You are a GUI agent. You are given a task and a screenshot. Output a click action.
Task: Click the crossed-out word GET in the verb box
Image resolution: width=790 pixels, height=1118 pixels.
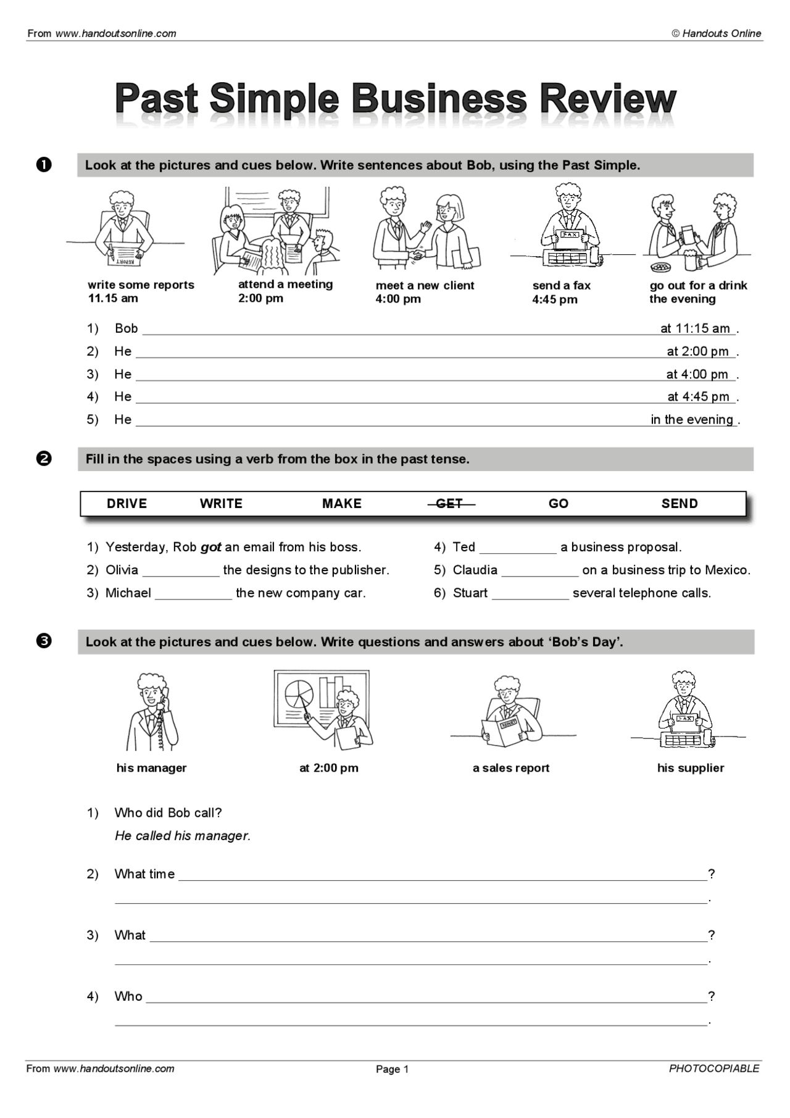coord(449,504)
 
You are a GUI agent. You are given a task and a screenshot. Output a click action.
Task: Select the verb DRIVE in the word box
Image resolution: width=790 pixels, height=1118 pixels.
coord(127,504)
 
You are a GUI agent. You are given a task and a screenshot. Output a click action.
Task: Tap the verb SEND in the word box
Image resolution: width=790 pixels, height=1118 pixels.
coord(680,504)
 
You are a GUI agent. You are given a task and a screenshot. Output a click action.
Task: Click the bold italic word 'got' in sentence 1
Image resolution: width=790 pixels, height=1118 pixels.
coord(211,547)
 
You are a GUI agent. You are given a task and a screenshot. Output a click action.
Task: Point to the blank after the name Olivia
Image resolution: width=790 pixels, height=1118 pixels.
coord(181,571)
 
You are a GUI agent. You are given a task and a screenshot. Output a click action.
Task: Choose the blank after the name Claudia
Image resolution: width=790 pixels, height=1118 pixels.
coord(540,571)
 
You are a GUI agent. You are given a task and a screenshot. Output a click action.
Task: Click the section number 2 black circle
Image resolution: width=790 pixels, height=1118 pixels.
coord(44,459)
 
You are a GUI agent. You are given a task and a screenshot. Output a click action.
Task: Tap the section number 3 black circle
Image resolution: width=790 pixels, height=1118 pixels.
coord(44,641)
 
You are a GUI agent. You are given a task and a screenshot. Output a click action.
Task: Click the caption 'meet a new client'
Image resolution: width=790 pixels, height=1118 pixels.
coord(425,285)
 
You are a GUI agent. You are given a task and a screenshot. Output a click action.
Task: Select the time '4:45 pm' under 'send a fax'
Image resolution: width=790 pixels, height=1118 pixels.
coord(555,299)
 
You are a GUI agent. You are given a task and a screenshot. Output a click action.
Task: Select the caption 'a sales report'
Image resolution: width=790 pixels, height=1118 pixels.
coord(511,768)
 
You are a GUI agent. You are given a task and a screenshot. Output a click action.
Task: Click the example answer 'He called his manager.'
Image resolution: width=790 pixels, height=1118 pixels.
coord(183,836)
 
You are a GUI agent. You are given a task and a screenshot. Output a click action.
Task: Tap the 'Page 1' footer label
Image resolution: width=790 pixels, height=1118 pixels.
coord(393,1069)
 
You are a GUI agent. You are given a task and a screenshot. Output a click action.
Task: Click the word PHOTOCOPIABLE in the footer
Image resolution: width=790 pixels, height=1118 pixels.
coord(714,1069)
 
